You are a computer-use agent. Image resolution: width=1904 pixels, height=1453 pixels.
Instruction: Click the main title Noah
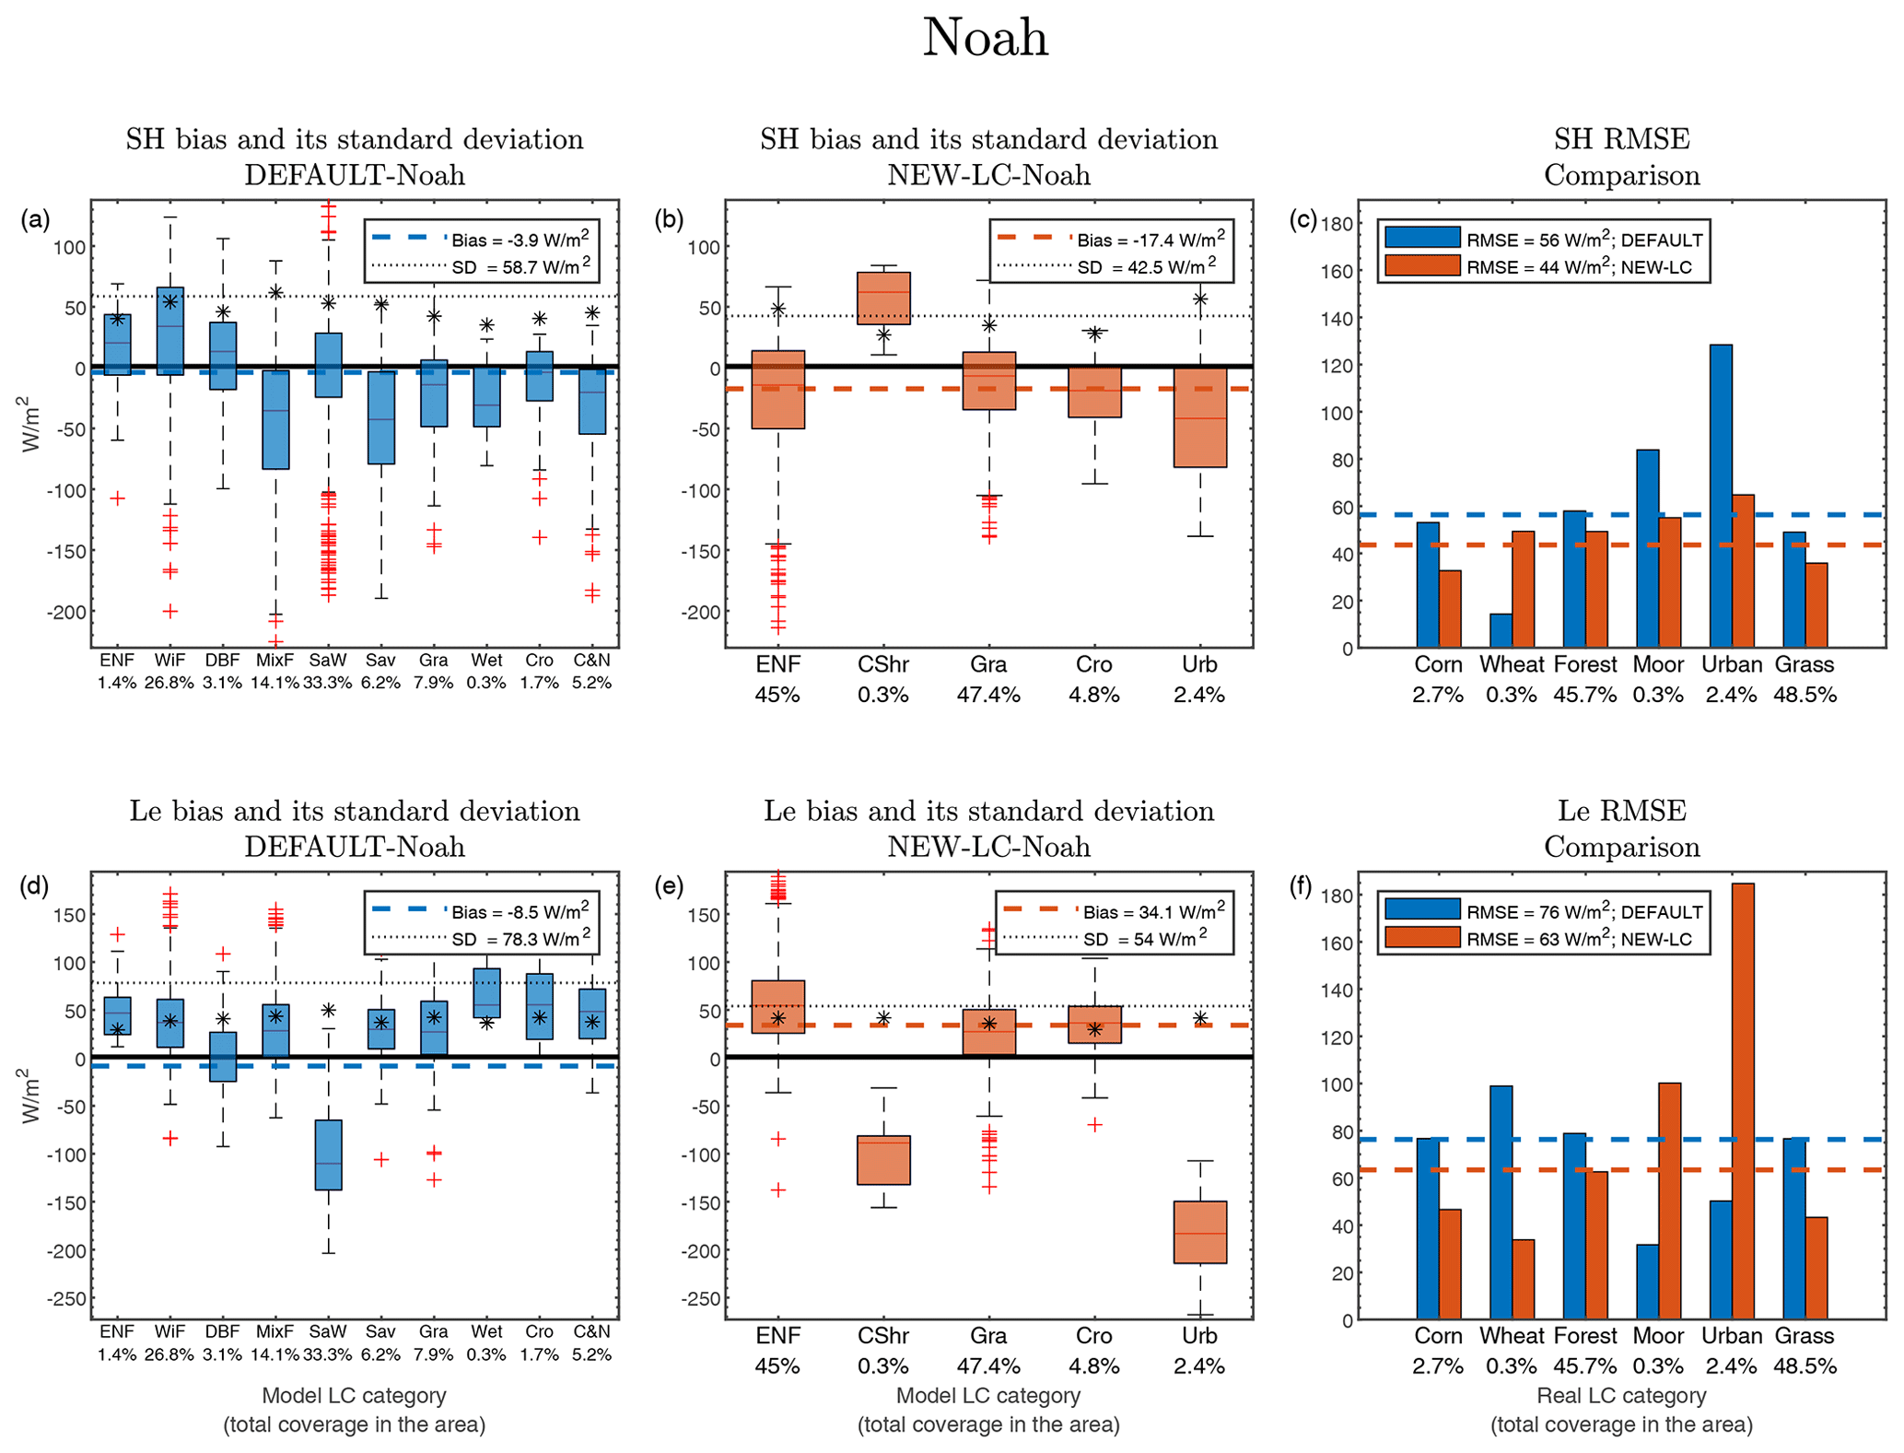click(985, 39)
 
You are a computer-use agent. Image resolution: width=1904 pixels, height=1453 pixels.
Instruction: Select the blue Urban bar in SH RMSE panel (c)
click(1720, 496)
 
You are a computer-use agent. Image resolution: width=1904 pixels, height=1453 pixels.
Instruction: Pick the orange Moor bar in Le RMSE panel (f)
click(1669, 1201)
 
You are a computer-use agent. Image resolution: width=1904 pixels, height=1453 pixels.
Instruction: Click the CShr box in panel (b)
click(883, 298)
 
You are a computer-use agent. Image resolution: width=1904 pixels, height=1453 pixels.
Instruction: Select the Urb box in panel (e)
click(1199, 1232)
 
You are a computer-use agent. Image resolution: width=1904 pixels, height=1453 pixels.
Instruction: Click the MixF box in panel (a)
click(275, 420)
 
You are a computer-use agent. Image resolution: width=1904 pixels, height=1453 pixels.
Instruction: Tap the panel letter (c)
click(1302, 220)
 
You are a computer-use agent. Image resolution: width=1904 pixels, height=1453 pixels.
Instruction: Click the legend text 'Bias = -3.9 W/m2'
click(520, 240)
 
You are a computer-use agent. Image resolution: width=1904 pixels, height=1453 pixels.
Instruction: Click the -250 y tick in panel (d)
click(66, 1299)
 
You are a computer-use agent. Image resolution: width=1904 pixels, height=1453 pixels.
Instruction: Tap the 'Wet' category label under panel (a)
click(486, 660)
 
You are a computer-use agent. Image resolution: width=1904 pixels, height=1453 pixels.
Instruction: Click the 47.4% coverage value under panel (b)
click(988, 695)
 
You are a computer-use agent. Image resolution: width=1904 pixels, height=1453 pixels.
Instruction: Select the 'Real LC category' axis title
click(1621, 1395)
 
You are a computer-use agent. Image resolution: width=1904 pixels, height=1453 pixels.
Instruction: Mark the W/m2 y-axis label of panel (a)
click(31, 424)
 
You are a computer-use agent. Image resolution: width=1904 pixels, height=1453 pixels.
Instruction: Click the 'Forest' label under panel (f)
click(1584, 1335)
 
